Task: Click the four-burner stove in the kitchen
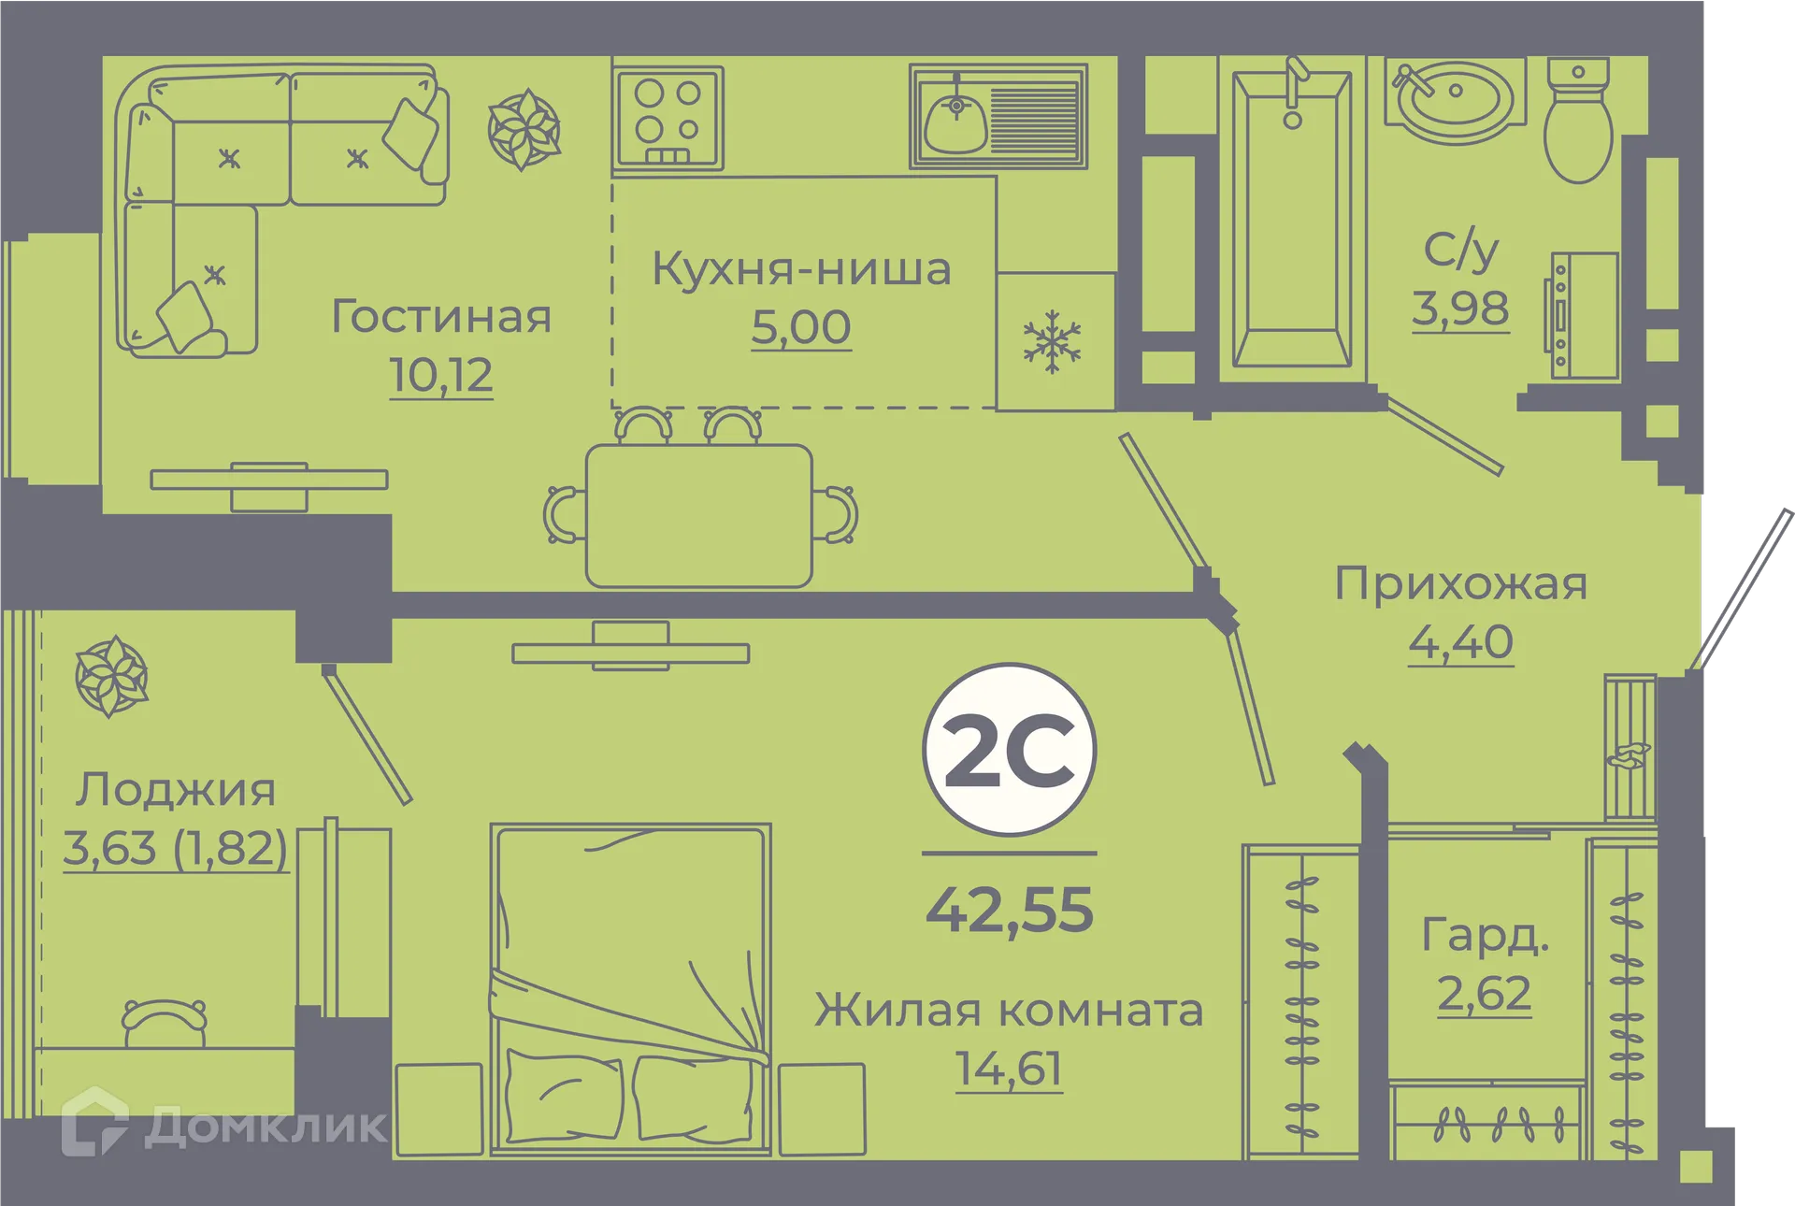coord(668,118)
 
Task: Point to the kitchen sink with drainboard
coord(998,116)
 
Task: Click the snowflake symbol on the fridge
coord(1053,341)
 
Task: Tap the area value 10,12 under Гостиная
coord(440,376)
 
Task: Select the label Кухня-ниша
coord(801,269)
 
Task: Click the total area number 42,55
coord(1009,910)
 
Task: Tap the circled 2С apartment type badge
coord(1009,750)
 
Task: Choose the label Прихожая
coord(1460,584)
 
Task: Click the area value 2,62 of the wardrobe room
coord(1484,993)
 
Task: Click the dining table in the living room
coord(698,515)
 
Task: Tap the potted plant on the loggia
coord(112,676)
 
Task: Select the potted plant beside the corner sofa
coord(524,129)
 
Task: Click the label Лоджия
coord(176,790)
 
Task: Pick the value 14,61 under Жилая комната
coord(1008,1069)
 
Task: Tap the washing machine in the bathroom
coord(1586,315)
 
